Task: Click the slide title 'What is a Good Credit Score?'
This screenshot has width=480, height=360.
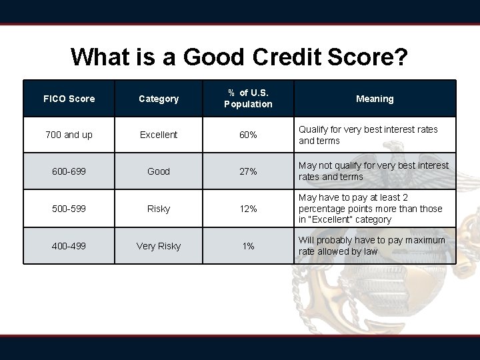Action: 239,57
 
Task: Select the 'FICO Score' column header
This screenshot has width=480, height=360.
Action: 69,99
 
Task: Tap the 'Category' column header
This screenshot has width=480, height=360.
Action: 159,99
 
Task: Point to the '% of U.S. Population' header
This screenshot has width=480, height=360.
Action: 248,99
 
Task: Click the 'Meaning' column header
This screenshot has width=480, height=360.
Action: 375,99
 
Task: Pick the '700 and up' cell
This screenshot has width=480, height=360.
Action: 69,135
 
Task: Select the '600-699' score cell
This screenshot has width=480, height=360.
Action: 69,171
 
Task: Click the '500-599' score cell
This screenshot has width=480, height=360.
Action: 69,209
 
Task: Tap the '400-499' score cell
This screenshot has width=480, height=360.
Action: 69,246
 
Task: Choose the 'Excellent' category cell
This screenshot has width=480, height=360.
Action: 159,135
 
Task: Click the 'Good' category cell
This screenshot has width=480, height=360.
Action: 159,171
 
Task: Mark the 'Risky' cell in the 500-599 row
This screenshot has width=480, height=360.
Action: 159,209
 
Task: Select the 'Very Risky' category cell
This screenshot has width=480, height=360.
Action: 159,246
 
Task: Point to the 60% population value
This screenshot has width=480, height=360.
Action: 248,135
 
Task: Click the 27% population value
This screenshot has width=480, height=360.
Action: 248,171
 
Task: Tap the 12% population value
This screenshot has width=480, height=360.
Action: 248,209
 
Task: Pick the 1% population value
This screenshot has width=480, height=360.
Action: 248,246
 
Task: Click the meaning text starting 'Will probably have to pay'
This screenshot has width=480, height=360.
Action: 371,245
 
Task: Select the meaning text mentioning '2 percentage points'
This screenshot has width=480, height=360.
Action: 370,209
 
